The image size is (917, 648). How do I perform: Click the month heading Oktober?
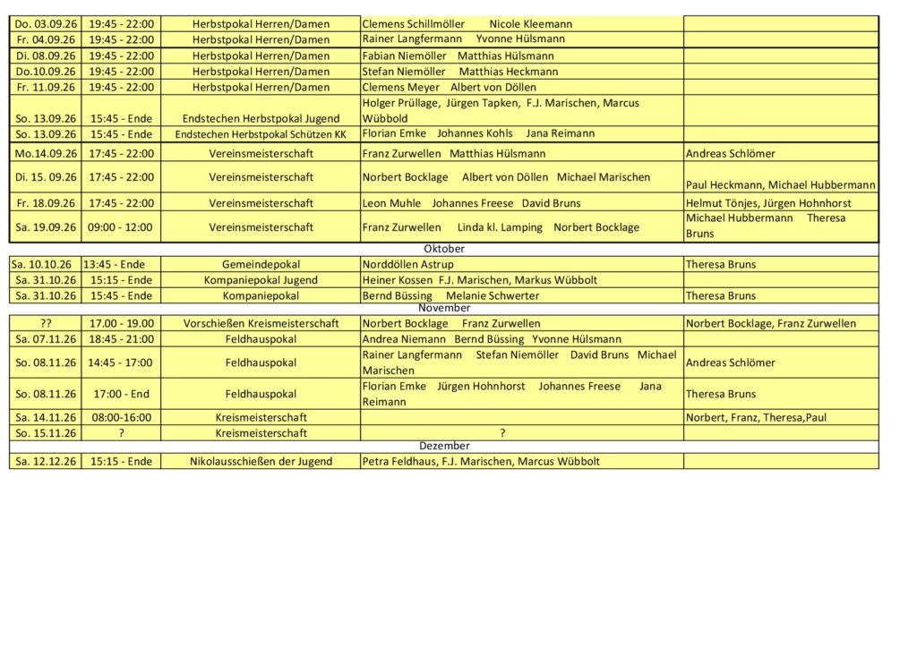[x=444, y=249]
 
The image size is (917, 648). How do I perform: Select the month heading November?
[x=444, y=308]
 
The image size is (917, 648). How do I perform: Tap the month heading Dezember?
[x=444, y=446]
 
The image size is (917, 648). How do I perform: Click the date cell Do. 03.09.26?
[x=46, y=24]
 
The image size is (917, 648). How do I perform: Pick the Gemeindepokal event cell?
[x=261, y=264]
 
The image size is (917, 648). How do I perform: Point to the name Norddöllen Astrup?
[x=407, y=264]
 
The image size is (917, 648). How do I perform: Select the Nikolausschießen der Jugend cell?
[x=261, y=462]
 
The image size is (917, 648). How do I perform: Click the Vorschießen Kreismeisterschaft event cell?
[x=261, y=323]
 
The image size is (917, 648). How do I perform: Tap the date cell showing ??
[x=46, y=323]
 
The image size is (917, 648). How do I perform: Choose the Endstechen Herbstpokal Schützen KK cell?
[x=261, y=134]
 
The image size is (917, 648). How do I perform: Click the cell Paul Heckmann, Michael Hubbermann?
[x=780, y=184]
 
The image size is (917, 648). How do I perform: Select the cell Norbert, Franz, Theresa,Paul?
[x=756, y=417]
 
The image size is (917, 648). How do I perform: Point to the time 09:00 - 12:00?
[x=121, y=227]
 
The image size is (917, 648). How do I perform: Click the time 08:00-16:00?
[x=121, y=417]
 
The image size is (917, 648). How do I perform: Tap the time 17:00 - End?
[x=121, y=394]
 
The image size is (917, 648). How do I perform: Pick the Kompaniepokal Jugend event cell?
[x=261, y=280]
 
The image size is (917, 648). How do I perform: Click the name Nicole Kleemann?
[x=530, y=24]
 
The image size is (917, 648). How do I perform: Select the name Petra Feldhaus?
[x=399, y=462]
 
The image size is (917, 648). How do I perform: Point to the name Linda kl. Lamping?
[x=500, y=227]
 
